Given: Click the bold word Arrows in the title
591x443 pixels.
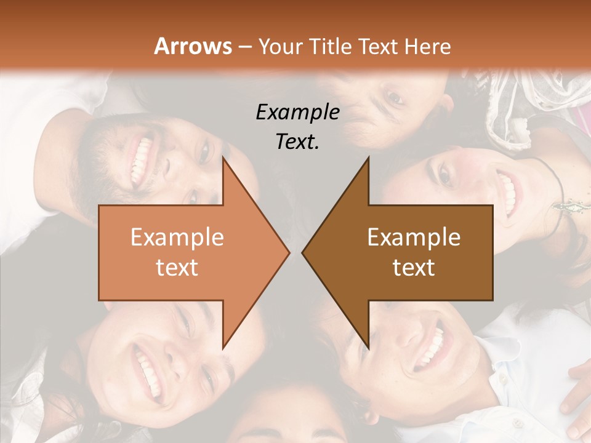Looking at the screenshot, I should tap(193, 46).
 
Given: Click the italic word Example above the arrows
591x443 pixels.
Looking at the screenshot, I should tap(297, 112).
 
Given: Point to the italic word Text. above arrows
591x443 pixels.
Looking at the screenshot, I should tap(297, 142).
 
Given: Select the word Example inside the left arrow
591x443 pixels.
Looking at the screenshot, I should tap(177, 237).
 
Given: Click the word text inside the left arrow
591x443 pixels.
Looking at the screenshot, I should tap(177, 267).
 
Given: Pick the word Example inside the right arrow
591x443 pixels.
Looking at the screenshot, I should tap(414, 237).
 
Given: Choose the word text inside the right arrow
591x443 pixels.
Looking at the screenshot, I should tap(414, 267).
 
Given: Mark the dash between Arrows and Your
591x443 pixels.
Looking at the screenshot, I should tap(244, 47).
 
